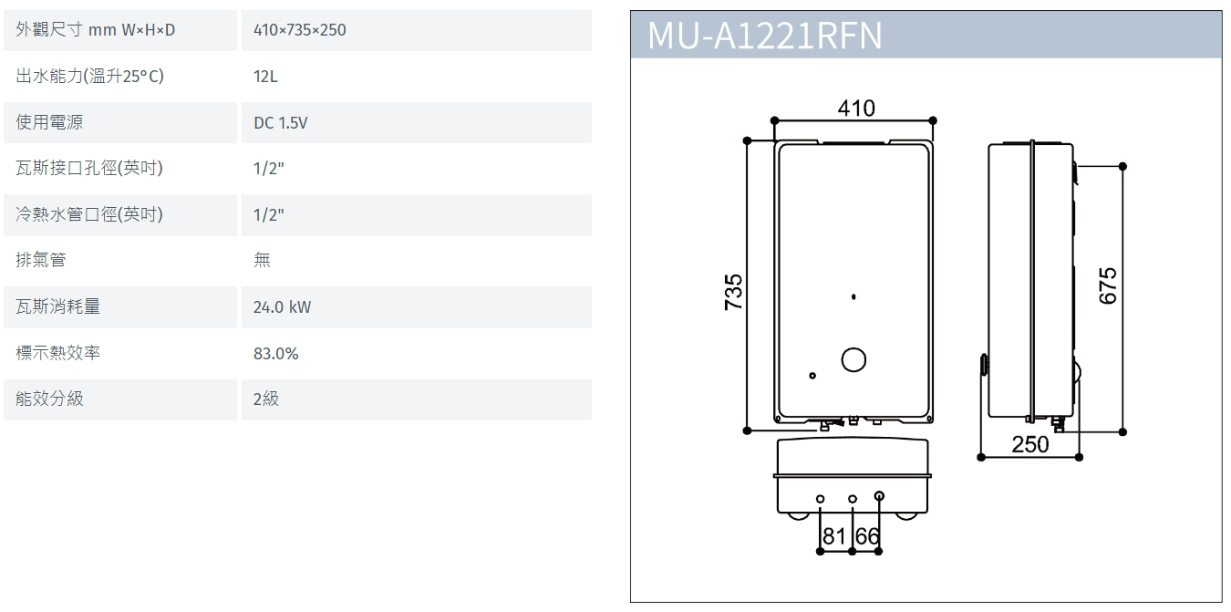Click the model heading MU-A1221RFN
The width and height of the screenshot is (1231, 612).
point(764,36)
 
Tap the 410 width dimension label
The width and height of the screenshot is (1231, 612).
point(856,109)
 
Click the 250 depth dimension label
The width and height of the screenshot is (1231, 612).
point(1030,444)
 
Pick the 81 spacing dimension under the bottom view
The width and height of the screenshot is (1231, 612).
point(834,536)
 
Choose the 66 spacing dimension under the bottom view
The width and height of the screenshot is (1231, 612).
point(867,536)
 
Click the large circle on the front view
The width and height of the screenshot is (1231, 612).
point(854,360)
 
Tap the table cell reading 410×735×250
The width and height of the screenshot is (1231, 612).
point(300,30)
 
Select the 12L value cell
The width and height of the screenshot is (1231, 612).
point(265,77)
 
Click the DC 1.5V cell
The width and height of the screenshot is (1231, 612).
point(281,123)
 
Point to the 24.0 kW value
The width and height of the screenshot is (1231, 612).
point(282,307)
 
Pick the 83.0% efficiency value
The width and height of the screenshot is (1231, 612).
point(276,353)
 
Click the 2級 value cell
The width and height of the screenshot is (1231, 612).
point(266,399)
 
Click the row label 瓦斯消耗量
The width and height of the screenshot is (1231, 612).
point(58,306)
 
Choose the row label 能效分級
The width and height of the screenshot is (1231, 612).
point(49,399)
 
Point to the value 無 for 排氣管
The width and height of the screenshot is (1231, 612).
point(262,261)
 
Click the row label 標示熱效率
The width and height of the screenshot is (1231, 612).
point(58,353)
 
